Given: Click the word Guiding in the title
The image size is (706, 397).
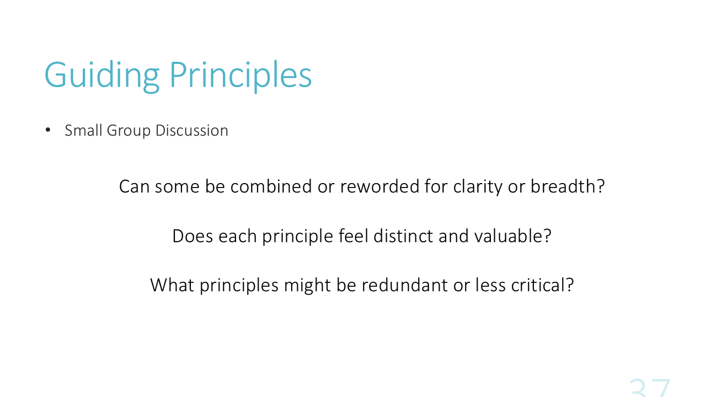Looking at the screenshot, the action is pyautogui.click(x=102, y=76).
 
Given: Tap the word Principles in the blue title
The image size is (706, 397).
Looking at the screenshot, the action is pyautogui.click(x=240, y=76).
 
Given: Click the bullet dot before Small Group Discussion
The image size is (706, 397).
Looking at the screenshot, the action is pyautogui.click(x=48, y=130).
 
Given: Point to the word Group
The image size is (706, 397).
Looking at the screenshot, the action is pyautogui.click(x=129, y=131).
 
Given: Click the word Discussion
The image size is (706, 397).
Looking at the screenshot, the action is pyautogui.click(x=191, y=130).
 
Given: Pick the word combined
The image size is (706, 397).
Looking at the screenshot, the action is pyautogui.click(x=271, y=186).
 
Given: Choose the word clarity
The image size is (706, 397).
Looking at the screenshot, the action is pyautogui.click(x=478, y=187).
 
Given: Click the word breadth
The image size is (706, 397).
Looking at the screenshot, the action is pyautogui.click(x=563, y=186).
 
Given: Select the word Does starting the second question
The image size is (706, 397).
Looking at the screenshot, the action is pyautogui.click(x=192, y=236).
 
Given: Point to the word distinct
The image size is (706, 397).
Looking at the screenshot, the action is pyautogui.click(x=403, y=236).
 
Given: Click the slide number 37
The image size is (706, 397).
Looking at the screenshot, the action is pyautogui.click(x=649, y=388).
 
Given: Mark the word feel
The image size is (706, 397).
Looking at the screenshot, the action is pyautogui.click(x=353, y=236).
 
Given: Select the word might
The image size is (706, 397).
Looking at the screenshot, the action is pyautogui.click(x=307, y=286).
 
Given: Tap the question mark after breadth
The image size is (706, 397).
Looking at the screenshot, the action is pyautogui.click(x=600, y=186).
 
